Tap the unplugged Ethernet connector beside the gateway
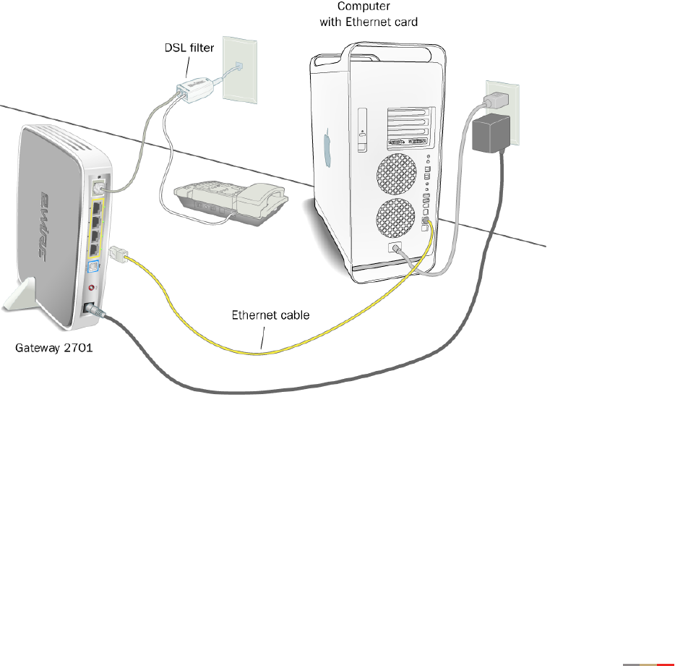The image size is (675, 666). tap(118, 255)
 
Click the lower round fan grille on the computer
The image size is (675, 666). tap(395, 221)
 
